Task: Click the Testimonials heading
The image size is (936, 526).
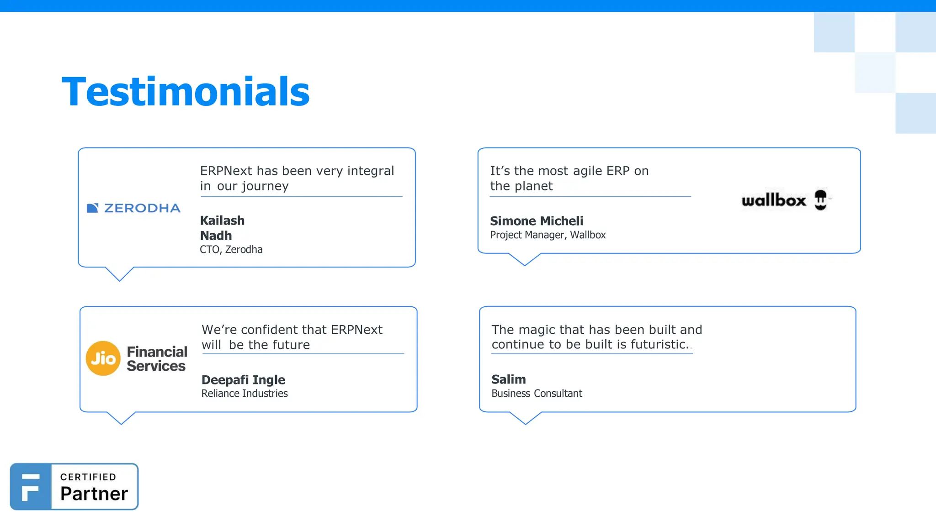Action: click(x=186, y=92)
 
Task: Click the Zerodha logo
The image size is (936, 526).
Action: click(x=133, y=208)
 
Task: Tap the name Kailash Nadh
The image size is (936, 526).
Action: click(x=222, y=228)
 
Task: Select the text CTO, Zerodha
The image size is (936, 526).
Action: click(x=231, y=249)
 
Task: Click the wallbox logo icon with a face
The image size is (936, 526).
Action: click(x=821, y=200)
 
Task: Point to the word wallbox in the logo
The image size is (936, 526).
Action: click(x=774, y=200)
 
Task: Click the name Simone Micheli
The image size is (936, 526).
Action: click(x=537, y=221)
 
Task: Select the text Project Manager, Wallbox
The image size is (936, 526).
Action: click(x=548, y=235)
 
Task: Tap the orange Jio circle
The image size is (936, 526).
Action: click(x=103, y=358)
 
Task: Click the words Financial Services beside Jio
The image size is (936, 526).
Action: click(x=157, y=359)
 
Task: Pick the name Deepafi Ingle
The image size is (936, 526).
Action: click(x=243, y=380)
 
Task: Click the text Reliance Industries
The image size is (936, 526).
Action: click(x=245, y=394)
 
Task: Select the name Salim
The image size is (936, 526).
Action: click(x=509, y=379)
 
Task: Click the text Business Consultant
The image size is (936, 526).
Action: click(x=537, y=394)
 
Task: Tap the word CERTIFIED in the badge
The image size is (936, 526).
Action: click(x=88, y=477)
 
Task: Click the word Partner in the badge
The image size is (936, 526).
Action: click(x=94, y=494)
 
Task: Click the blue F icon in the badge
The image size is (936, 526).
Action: click(x=31, y=487)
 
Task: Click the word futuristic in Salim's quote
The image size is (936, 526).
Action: click(x=658, y=345)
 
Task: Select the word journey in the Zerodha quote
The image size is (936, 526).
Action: click(x=265, y=186)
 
